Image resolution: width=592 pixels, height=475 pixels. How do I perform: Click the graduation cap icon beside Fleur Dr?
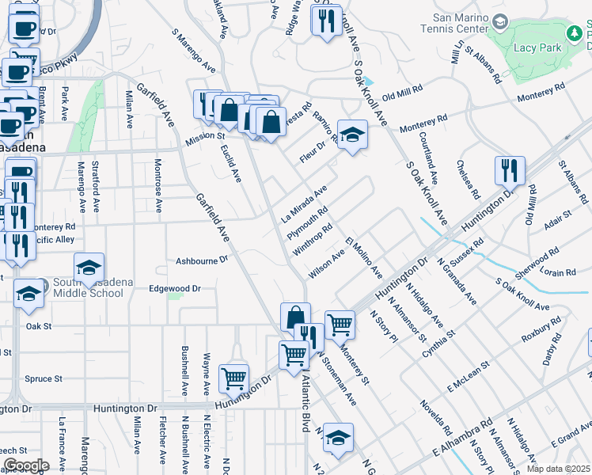click(x=352, y=134)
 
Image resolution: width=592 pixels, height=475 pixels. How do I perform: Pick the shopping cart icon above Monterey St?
click(x=340, y=323)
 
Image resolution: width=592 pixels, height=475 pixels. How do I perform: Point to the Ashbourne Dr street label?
click(x=201, y=260)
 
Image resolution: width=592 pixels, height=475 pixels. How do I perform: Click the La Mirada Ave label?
click(x=305, y=204)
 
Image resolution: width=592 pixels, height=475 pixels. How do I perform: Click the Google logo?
click(x=26, y=465)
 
